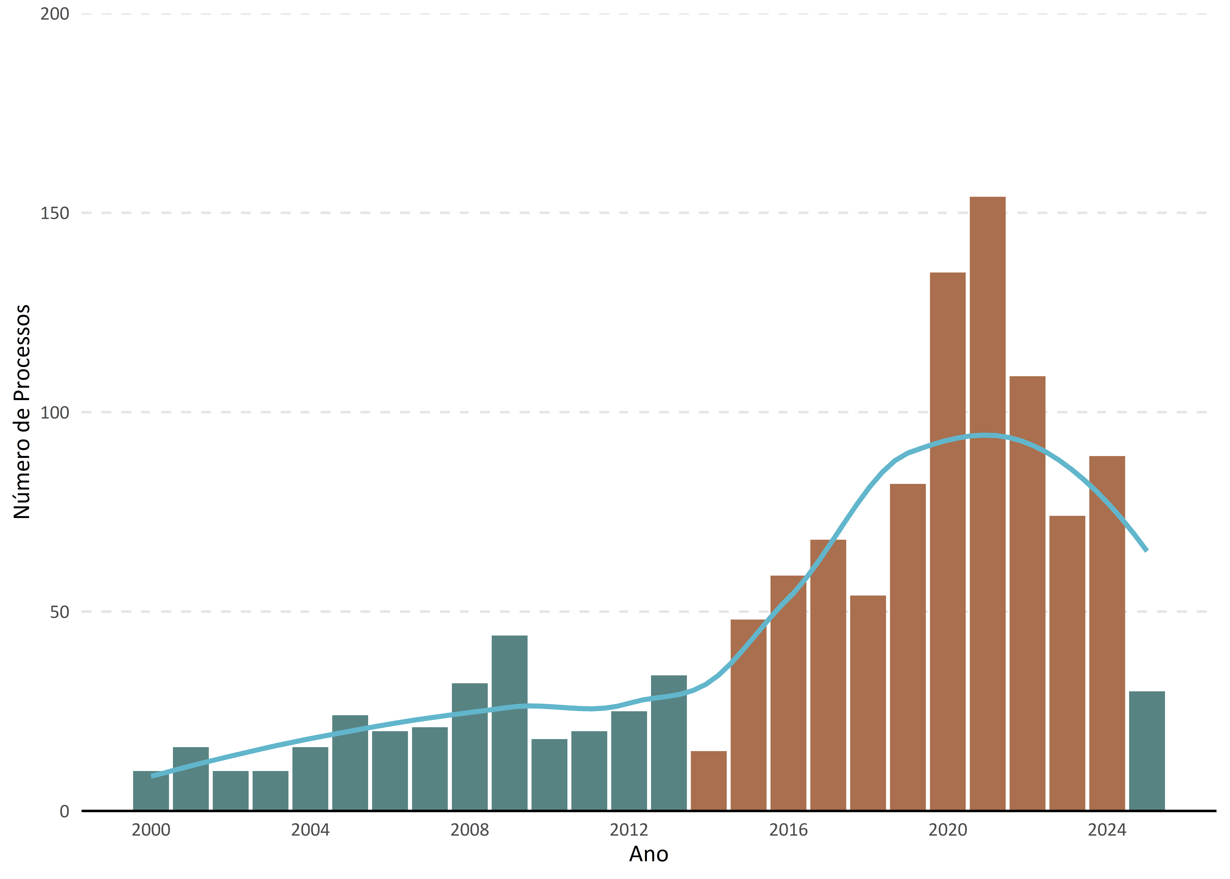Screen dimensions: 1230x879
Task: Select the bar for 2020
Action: coord(948,541)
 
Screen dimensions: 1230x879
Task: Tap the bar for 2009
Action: coord(510,723)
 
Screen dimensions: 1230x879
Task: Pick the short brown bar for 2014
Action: coord(709,781)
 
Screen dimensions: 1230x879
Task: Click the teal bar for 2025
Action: coord(1147,751)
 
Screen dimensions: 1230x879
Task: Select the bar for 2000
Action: coord(151,790)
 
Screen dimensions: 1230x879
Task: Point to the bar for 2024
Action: coord(1107,633)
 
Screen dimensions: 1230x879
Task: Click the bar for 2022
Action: coord(1027,593)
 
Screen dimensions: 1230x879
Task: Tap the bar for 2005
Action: coord(350,763)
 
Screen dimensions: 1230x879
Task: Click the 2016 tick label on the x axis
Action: coord(788,830)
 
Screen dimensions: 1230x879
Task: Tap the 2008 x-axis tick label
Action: coord(469,830)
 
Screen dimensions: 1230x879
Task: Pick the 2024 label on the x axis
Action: coord(1107,830)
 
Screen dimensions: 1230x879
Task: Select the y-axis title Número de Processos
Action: coord(22,412)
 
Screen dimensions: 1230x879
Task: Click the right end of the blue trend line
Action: coord(1146,550)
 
